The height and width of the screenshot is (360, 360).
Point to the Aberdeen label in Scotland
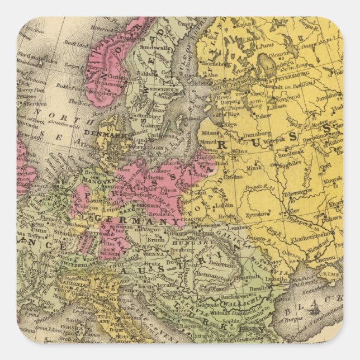click(32, 104)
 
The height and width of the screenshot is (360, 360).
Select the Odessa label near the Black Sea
click(292, 253)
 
